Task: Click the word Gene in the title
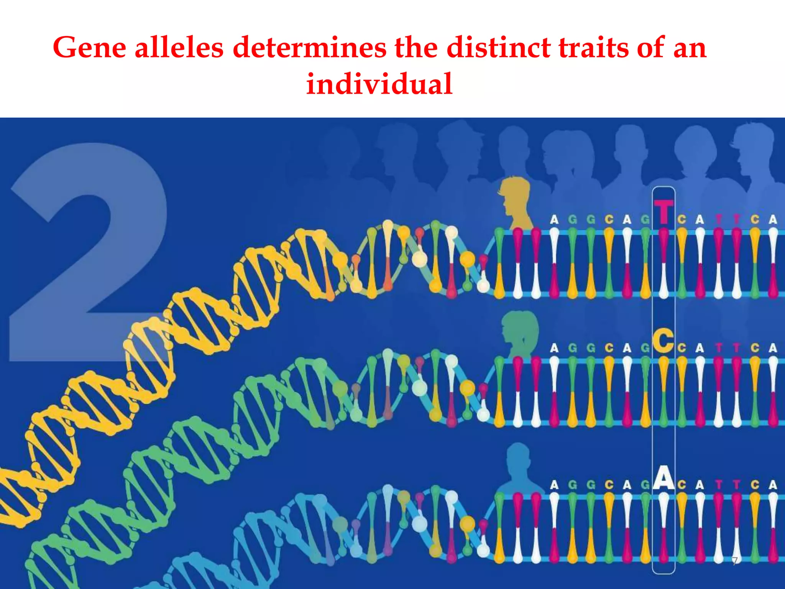coord(90,48)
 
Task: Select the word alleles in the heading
coord(179,48)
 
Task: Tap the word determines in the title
coord(310,48)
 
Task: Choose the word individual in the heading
coord(379,84)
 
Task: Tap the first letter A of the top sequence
coord(554,220)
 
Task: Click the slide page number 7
coord(734,561)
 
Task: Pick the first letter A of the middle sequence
coord(554,348)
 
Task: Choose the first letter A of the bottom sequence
coord(554,485)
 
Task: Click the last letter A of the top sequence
coord(773,220)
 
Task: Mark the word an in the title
coord(690,48)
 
